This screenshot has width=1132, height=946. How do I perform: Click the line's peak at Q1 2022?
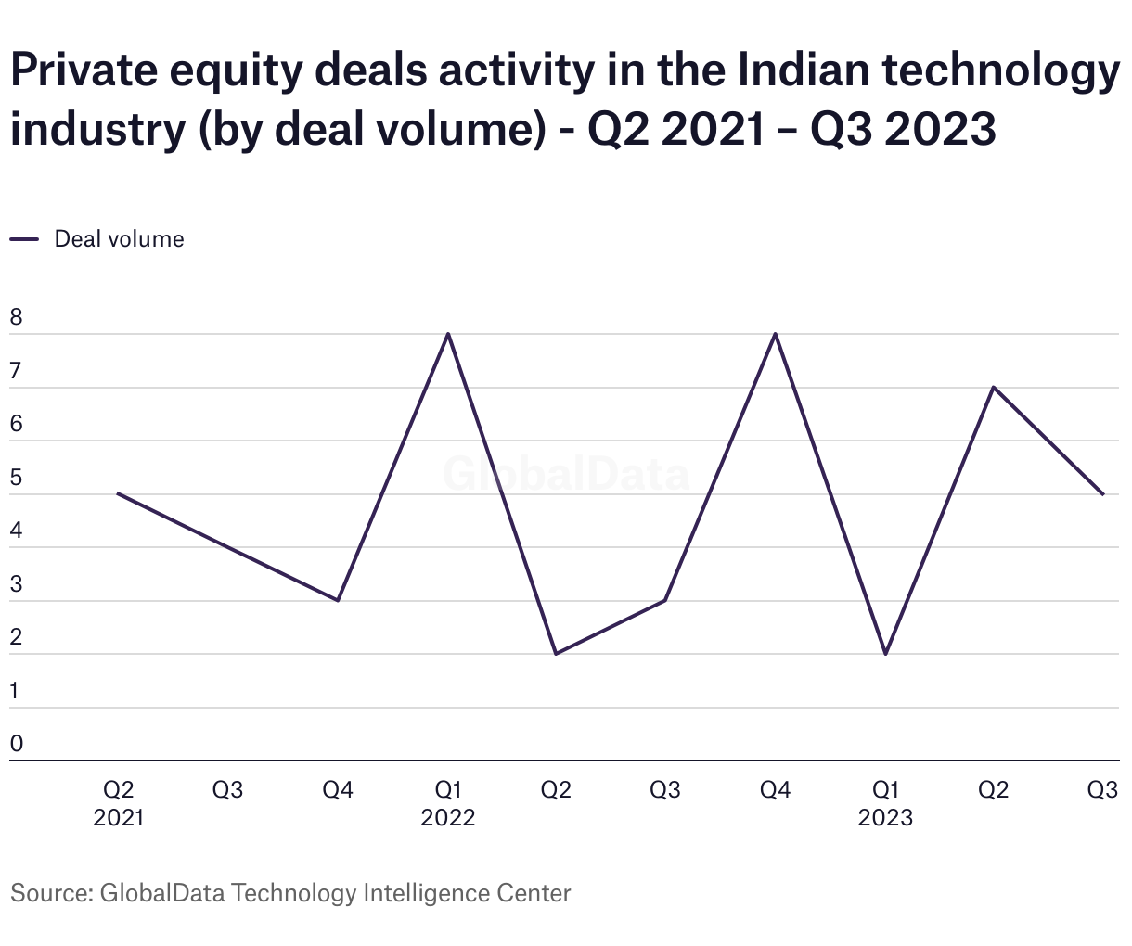point(448,334)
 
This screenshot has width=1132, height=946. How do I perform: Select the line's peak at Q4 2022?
point(775,334)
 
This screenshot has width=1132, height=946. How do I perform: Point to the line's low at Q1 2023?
point(886,654)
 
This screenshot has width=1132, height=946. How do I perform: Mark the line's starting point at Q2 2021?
point(118,493)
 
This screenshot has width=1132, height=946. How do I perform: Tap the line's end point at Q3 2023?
point(1103,494)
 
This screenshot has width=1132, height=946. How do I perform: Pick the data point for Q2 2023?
point(994,387)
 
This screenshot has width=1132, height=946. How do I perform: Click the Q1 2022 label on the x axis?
point(448,803)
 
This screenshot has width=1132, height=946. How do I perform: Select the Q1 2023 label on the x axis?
point(885,803)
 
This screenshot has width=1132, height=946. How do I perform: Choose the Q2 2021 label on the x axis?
point(119,803)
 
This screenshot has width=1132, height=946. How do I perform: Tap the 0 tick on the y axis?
point(17,744)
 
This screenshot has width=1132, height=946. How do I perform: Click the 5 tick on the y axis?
point(17,479)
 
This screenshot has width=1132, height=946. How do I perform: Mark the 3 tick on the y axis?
point(17,585)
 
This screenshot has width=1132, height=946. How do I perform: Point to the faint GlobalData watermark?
point(566,474)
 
